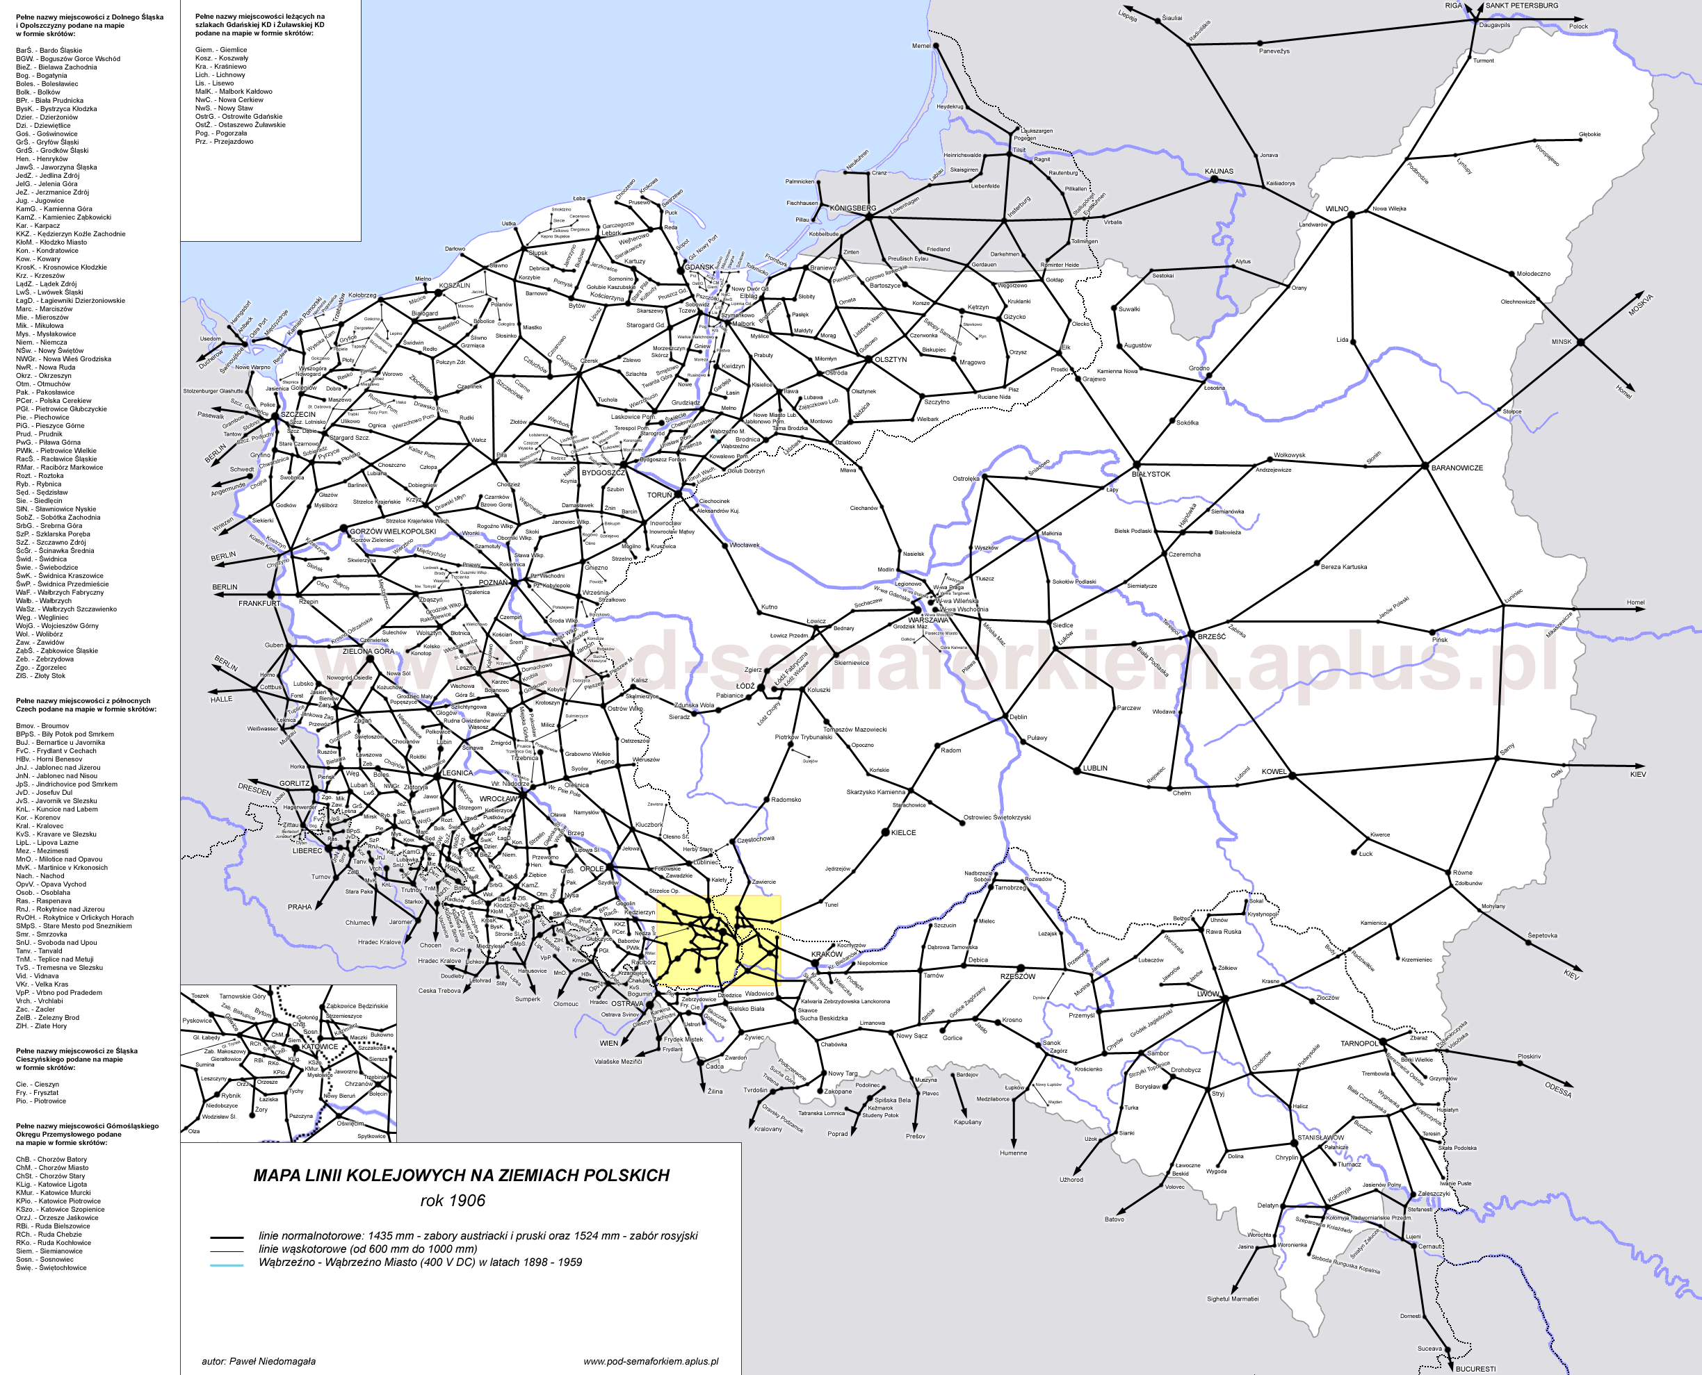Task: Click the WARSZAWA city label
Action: pyautogui.click(x=928, y=620)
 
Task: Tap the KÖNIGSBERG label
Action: pyautogui.click(x=852, y=208)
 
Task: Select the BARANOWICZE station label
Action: pyautogui.click(x=1457, y=468)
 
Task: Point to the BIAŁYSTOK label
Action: pyautogui.click(x=1151, y=475)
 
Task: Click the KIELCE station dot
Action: pyautogui.click(x=886, y=832)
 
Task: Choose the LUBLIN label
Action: pyautogui.click(x=1095, y=768)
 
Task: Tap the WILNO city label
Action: pyautogui.click(x=1337, y=209)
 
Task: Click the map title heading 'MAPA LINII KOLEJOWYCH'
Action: pyautogui.click(x=461, y=1176)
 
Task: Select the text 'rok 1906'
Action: pyautogui.click(x=453, y=1201)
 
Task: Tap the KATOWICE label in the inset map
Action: pyautogui.click(x=319, y=1046)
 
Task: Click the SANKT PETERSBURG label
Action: pyautogui.click(x=1521, y=6)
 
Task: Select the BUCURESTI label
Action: pyautogui.click(x=1475, y=1369)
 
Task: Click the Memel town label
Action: pyautogui.click(x=921, y=46)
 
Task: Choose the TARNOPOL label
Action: pyautogui.click(x=1359, y=1044)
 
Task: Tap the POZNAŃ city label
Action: pyautogui.click(x=493, y=583)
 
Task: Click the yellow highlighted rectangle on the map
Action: pyautogui.click(x=718, y=940)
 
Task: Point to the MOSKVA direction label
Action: pyautogui.click(x=1640, y=304)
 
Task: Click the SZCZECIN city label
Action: pyautogui.click(x=298, y=414)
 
